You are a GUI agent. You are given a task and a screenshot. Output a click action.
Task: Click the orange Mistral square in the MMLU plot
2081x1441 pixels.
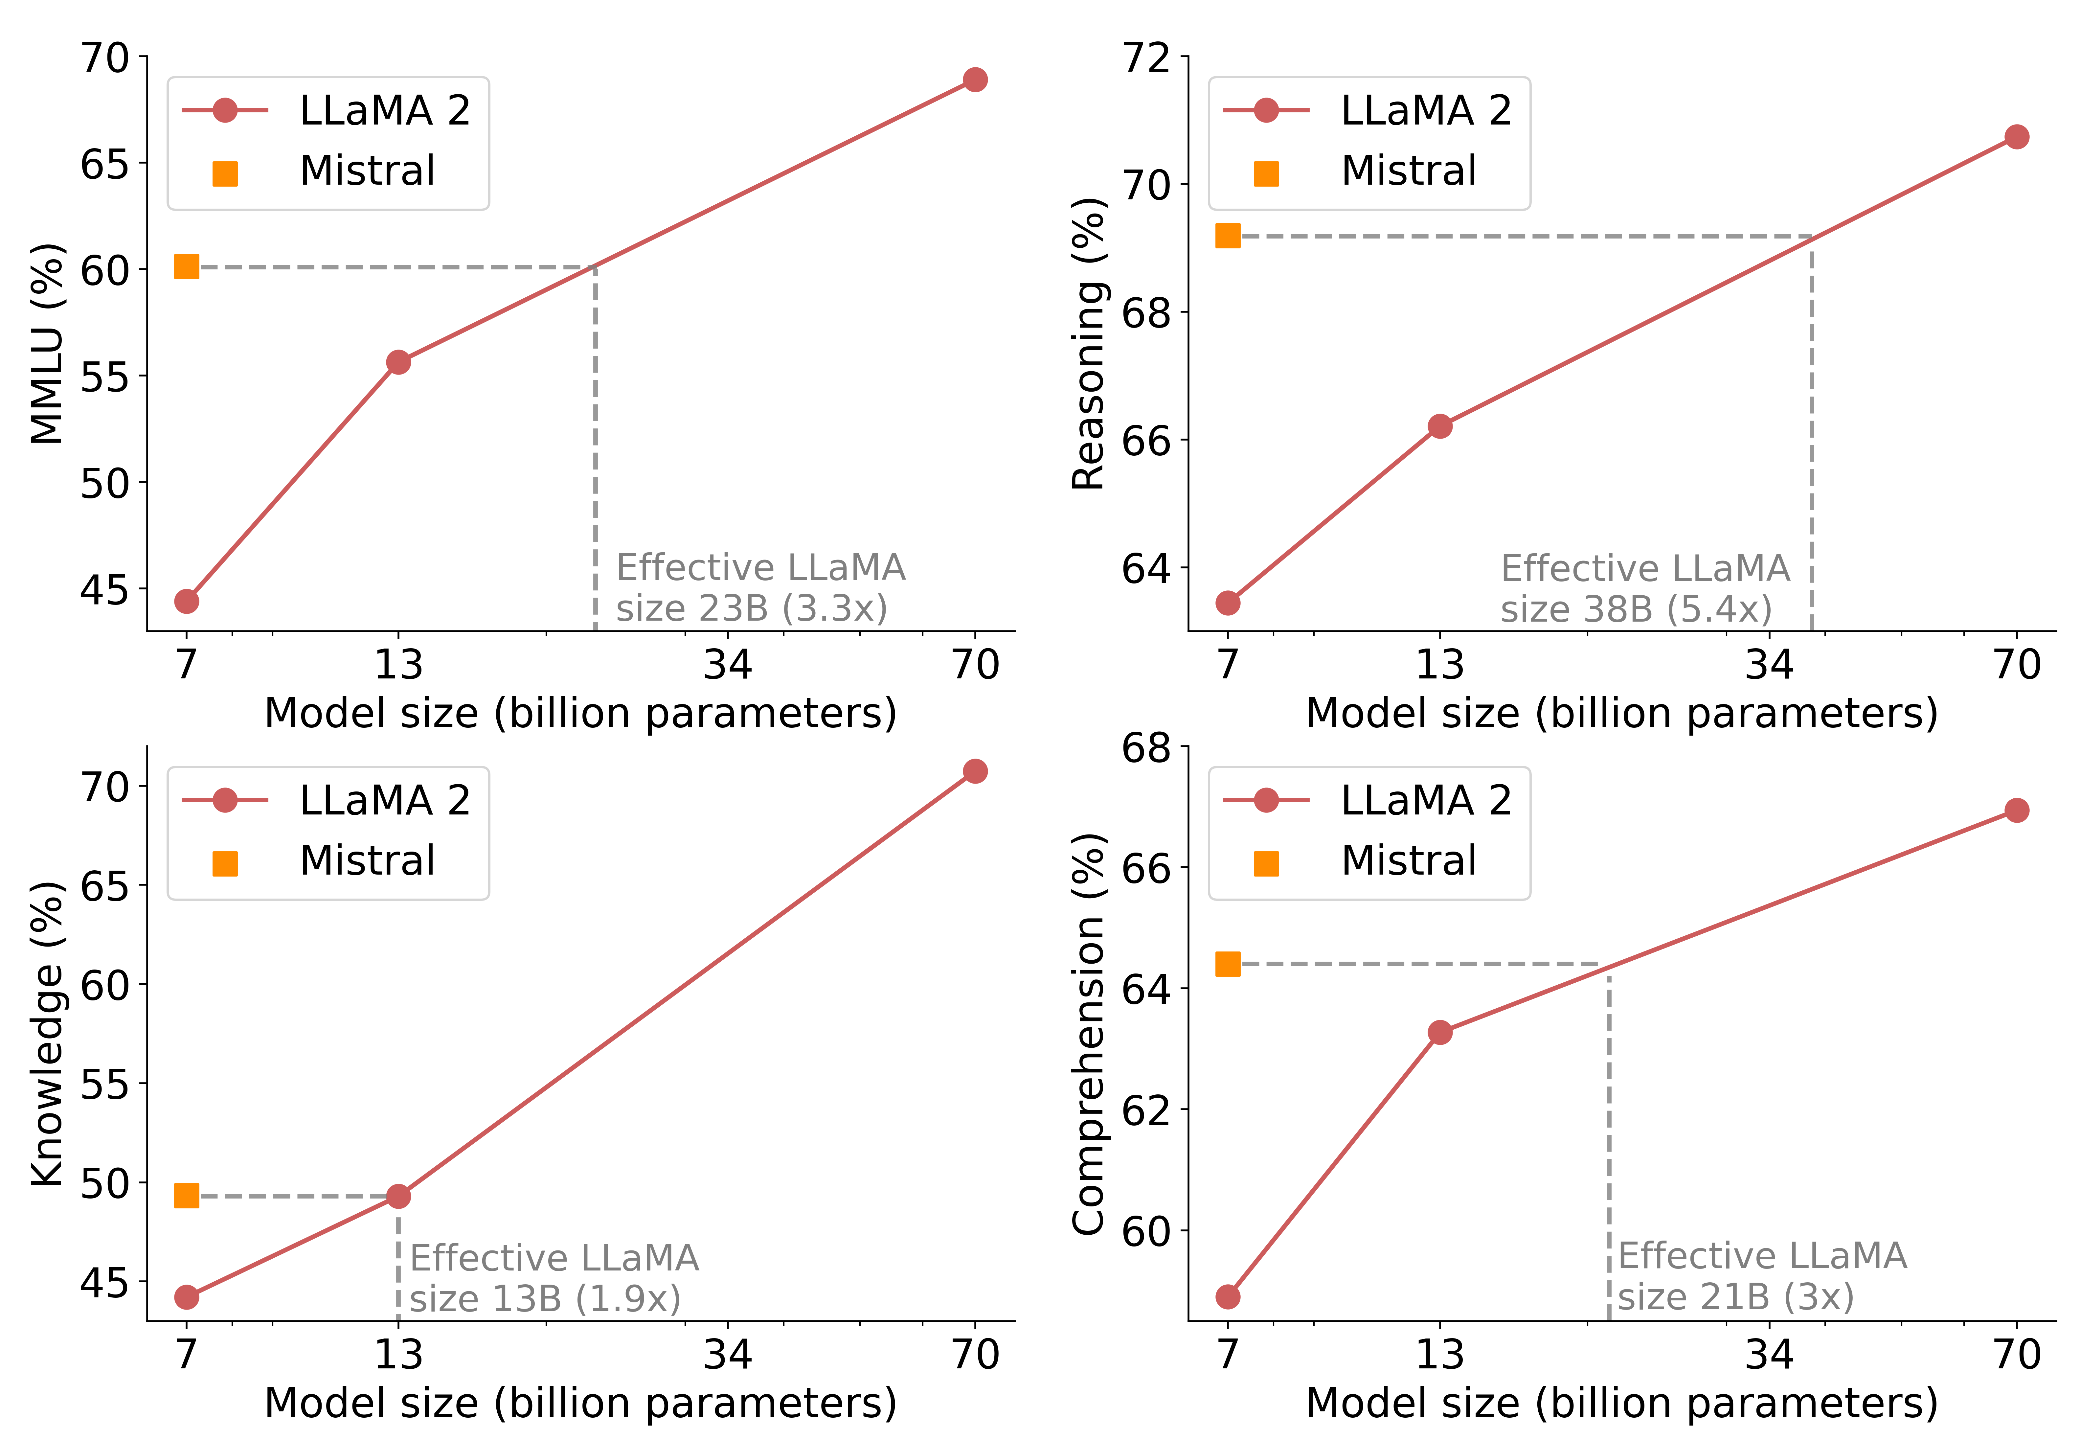click(186, 266)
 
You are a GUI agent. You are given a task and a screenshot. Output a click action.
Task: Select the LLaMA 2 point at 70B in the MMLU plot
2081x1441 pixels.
click(974, 80)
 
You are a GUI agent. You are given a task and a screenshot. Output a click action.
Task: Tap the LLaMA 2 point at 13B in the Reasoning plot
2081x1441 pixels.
click(1439, 426)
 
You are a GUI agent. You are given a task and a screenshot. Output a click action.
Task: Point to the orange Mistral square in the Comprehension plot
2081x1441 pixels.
click(1227, 964)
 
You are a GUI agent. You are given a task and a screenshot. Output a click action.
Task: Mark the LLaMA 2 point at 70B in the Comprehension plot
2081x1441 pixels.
click(2016, 810)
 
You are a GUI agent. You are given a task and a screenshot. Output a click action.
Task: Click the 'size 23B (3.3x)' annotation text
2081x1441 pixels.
click(751, 608)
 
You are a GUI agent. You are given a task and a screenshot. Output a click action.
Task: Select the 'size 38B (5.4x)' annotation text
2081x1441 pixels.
click(1635, 609)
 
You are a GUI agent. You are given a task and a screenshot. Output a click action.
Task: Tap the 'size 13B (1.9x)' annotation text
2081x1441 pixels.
click(544, 1299)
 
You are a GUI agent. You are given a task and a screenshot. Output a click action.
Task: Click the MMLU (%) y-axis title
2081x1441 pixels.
click(47, 344)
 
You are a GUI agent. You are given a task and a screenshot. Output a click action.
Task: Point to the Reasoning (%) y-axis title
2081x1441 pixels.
click(1088, 344)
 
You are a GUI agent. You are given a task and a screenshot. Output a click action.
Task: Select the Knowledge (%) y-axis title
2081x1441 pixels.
click(47, 1034)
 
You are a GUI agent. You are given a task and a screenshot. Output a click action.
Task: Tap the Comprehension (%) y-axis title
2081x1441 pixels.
click(1088, 1034)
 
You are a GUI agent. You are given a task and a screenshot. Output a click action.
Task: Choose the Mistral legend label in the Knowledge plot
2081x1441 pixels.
click(368, 860)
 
